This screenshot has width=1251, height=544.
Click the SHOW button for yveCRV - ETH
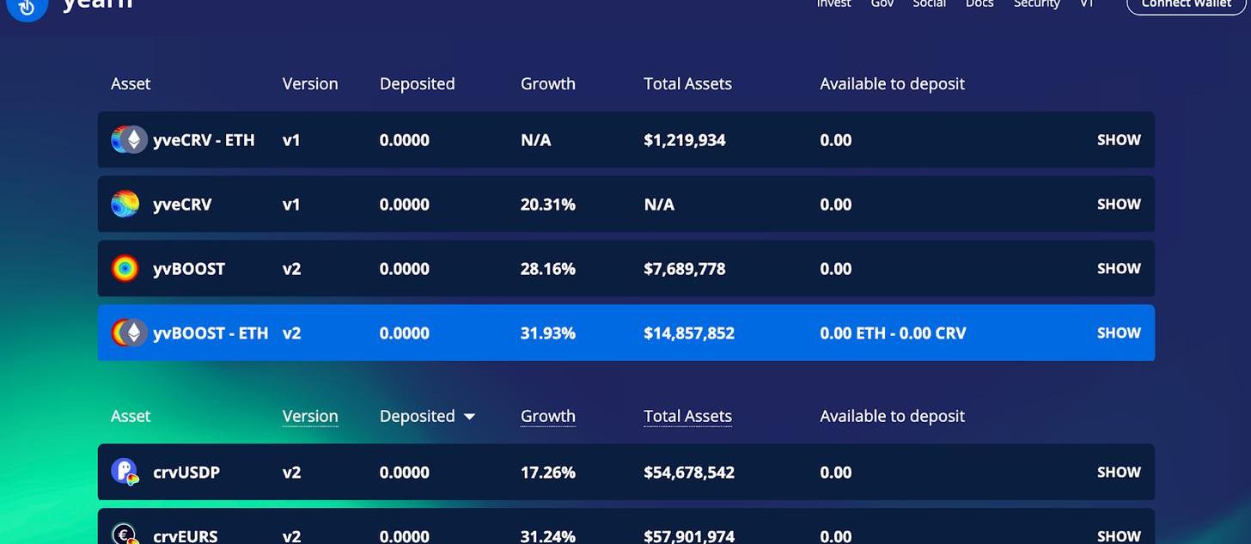(x=1119, y=140)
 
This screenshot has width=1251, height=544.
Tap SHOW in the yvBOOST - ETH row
(x=1119, y=333)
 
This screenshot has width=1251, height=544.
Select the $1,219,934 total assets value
(x=685, y=140)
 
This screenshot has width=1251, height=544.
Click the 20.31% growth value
(x=547, y=205)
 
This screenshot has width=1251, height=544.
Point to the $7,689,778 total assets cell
(x=685, y=269)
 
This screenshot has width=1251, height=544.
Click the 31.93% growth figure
(x=547, y=333)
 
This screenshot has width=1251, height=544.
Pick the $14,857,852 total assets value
(x=689, y=333)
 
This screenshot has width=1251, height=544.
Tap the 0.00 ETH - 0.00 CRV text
(x=893, y=333)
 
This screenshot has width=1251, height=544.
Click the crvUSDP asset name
(x=186, y=473)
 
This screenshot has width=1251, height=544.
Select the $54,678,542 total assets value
(x=689, y=473)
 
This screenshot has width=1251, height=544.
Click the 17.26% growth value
(x=547, y=473)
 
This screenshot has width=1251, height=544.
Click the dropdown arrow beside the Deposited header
(x=469, y=417)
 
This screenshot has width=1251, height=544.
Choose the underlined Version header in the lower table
(x=310, y=417)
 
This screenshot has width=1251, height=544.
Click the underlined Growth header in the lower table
(x=547, y=417)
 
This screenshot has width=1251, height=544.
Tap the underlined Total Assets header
(x=687, y=417)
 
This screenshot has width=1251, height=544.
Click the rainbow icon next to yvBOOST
(x=125, y=269)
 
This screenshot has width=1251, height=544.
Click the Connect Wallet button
(x=1186, y=4)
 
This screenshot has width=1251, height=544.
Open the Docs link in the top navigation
(x=979, y=4)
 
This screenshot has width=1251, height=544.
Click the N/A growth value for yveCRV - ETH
(x=535, y=140)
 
